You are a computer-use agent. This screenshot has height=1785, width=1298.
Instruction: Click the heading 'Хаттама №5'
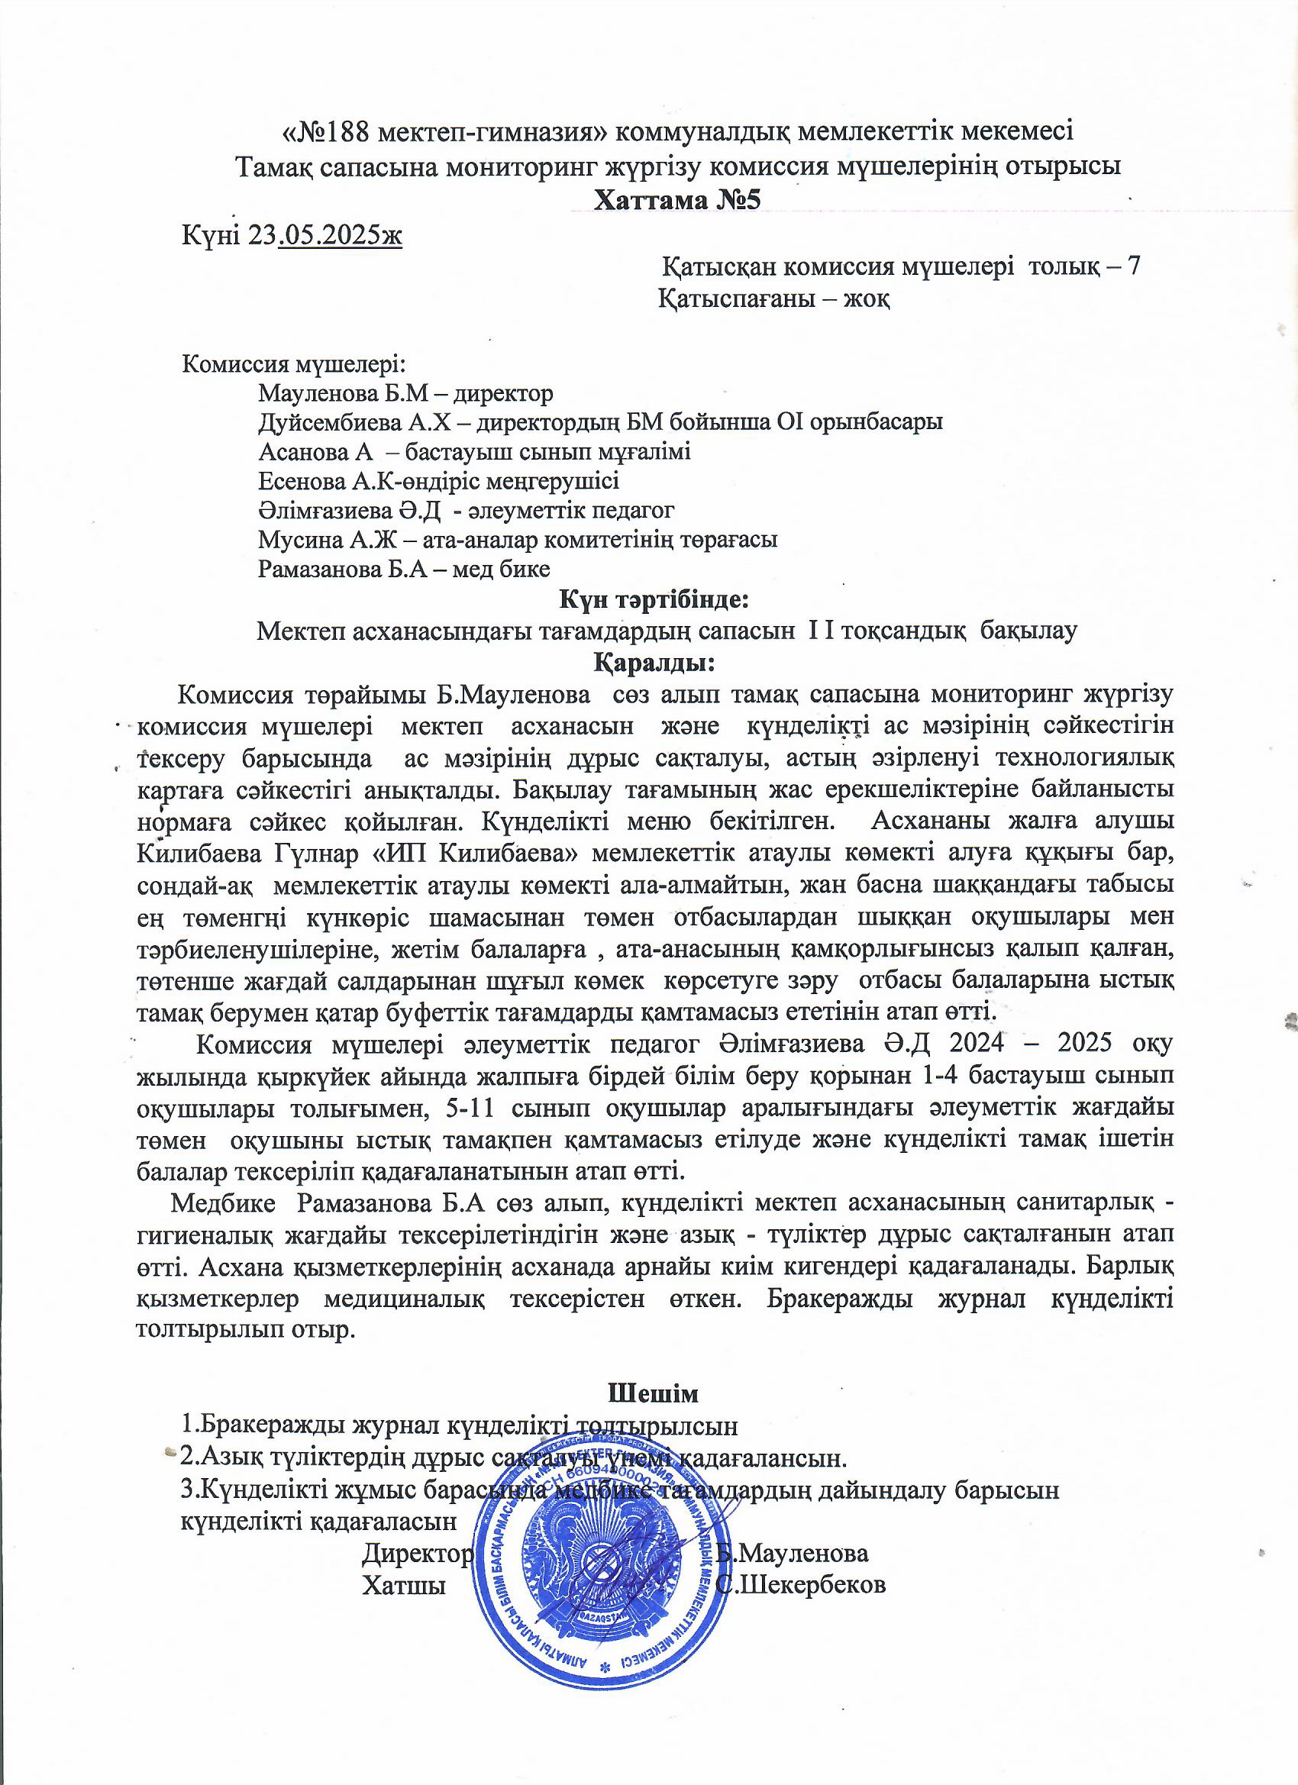pyautogui.click(x=678, y=200)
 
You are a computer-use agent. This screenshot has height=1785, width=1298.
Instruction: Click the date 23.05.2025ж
pyautogui.click(x=324, y=234)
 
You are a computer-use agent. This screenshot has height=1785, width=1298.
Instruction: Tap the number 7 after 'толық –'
pyautogui.click(x=1134, y=266)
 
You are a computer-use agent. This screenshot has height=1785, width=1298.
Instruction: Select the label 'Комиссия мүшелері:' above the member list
pyautogui.click(x=295, y=364)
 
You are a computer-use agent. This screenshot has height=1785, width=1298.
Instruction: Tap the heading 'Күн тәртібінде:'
pyautogui.click(x=654, y=600)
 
